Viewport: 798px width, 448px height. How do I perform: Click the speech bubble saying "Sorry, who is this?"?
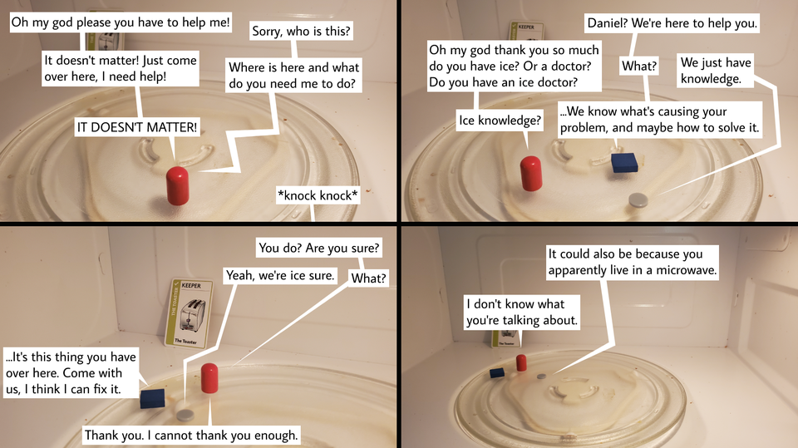pyautogui.click(x=301, y=32)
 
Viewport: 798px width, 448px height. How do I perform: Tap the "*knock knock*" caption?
pyautogui.click(x=318, y=196)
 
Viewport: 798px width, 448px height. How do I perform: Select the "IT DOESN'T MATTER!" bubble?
pyautogui.click(x=137, y=127)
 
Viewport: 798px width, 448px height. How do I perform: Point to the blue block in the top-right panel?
pyautogui.click(x=624, y=162)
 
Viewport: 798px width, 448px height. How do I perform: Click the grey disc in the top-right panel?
pyautogui.click(x=638, y=199)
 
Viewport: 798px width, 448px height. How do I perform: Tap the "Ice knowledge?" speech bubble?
pyautogui.click(x=500, y=121)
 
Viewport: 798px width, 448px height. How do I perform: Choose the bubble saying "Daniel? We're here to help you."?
pyautogui.click(x=672, y=23)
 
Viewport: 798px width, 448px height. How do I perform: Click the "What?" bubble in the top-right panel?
pyautogui.click(x=640, y=66)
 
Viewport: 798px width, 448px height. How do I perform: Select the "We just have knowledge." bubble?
pyautogui.click(x=716, y=71)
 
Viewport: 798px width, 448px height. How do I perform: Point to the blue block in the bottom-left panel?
pyautogui.click(x=152, y=398)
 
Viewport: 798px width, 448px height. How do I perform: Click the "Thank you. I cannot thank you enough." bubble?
pyautogui.click(x=191, y=435)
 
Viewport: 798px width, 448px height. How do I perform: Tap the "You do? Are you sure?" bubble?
pyautogui.click(x=319, y=248)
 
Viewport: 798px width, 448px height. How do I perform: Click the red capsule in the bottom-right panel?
pyautogui.click(x=521, y=362)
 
